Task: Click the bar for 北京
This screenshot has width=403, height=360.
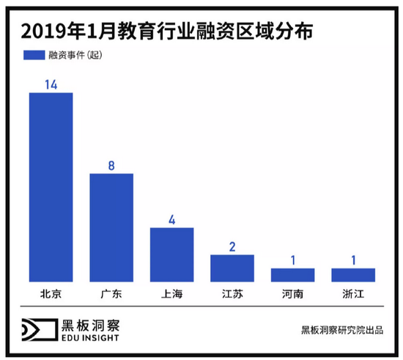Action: tap(51, 187)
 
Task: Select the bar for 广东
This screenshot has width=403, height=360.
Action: tap(111, 227)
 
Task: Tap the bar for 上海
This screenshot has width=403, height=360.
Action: tap(171, 254)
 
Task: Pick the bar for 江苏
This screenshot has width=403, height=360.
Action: tap(232, 268)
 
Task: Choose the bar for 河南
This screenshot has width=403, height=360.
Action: tap(292, 275)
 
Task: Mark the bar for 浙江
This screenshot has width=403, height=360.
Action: tap(353, 275)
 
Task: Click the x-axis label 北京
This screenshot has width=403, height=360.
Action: tap(51, 294)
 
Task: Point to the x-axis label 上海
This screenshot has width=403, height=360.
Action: tap(171, 294)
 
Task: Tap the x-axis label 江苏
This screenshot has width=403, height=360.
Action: tap(232, 294)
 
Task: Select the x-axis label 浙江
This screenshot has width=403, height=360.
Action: tap(353, 294)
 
